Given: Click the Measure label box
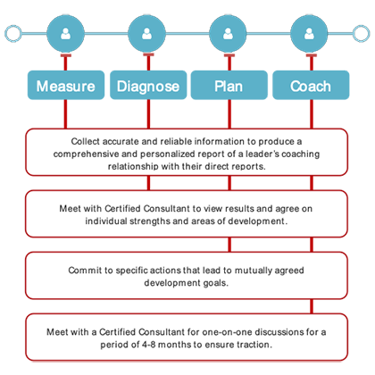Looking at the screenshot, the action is click(x=66, y=85).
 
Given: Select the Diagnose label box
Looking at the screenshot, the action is click(x=148, y=85).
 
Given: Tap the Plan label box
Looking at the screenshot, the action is click(x=229, y=85).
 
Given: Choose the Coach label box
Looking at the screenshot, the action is click(x=311, y=85).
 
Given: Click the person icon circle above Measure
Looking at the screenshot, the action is click(x=65, y=34).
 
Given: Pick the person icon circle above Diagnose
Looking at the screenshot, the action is click(x=146, y=34).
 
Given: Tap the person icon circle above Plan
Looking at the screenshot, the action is click(x=228, y=34).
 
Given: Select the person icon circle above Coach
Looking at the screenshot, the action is click(x=309, y=34).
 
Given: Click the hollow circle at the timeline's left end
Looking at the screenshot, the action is click(x=5, y=34).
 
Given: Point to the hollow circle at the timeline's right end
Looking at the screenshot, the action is click(x=369, y=34).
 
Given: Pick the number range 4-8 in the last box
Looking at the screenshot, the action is click(x=148, y=345).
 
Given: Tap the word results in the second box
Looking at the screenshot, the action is click(x=239, y=209).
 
